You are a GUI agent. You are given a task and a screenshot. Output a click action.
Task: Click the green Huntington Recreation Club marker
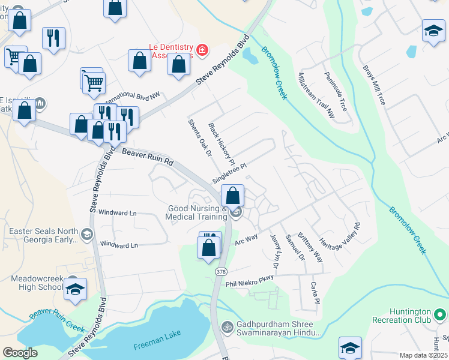[441, 314]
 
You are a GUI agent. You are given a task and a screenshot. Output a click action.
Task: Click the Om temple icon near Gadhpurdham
[227, 327]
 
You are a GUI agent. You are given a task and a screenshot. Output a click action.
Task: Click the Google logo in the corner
[20, 353]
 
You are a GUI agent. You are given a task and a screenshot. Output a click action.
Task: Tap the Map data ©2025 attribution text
[423, 355]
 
